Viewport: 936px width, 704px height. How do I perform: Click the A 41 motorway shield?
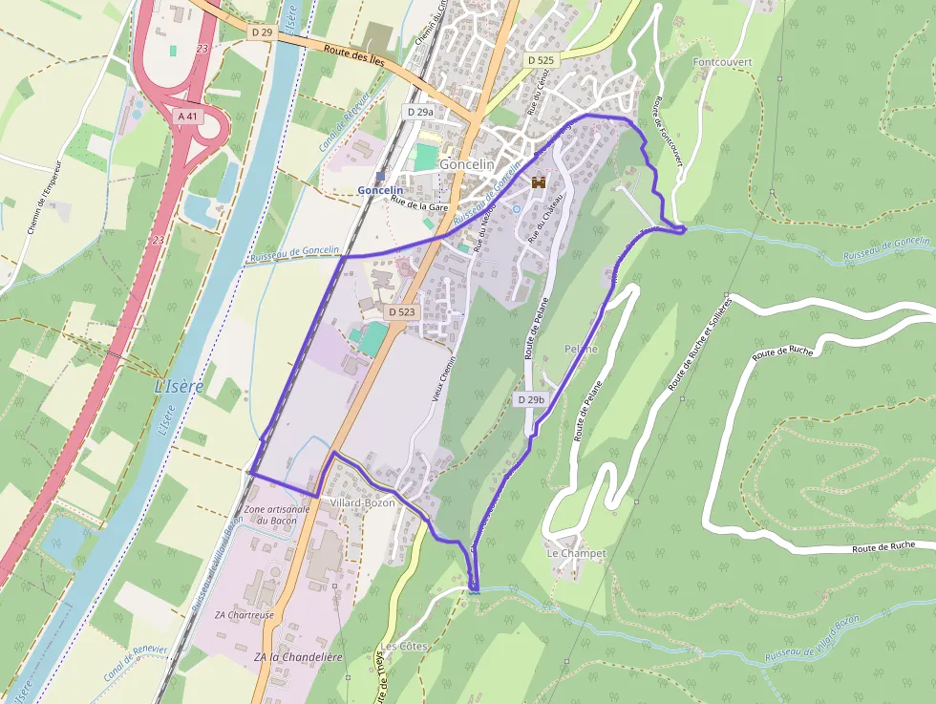pos(187,116)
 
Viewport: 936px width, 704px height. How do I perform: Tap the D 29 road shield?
pos(262,32)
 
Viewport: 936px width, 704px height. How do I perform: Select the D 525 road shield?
pos(541,59)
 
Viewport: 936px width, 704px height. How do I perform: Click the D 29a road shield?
pos(420,112)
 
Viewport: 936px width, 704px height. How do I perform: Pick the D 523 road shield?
pos(402,312)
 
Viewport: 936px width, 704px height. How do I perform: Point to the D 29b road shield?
pos(531,398)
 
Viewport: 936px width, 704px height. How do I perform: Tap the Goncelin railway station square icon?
pos(381,176)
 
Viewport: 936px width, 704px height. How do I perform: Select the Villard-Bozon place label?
pos(362,502)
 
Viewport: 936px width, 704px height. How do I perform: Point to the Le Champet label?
pos(576,553)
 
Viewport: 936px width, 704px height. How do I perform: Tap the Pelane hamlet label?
pos(581,349)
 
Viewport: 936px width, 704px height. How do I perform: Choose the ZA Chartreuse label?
pos(245,614)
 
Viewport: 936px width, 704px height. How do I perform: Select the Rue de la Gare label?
pos(419,204)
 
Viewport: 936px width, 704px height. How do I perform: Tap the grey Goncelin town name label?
pos(467,164)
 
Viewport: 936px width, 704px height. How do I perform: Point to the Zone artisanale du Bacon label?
pos(278,515)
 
